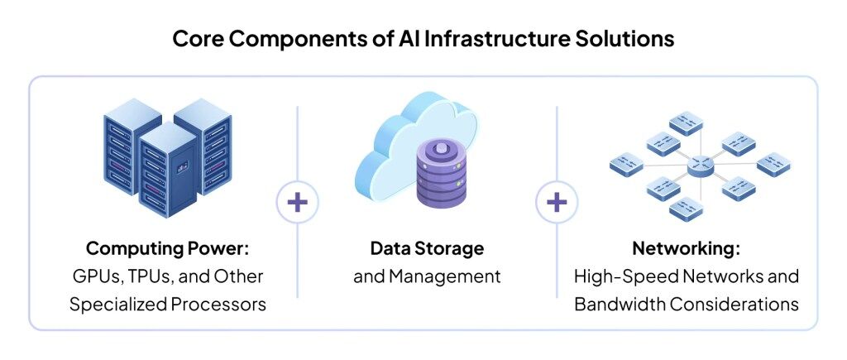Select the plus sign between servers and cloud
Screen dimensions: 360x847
[x=298, y=202]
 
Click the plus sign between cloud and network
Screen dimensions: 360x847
[x=557, y=202]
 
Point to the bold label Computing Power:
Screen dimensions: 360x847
[x=168, y=248]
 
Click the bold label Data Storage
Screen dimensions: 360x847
[x=427, y=248]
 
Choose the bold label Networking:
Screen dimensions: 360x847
[x=686, y=248]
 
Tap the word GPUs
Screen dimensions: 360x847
[x=95, y=276]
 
